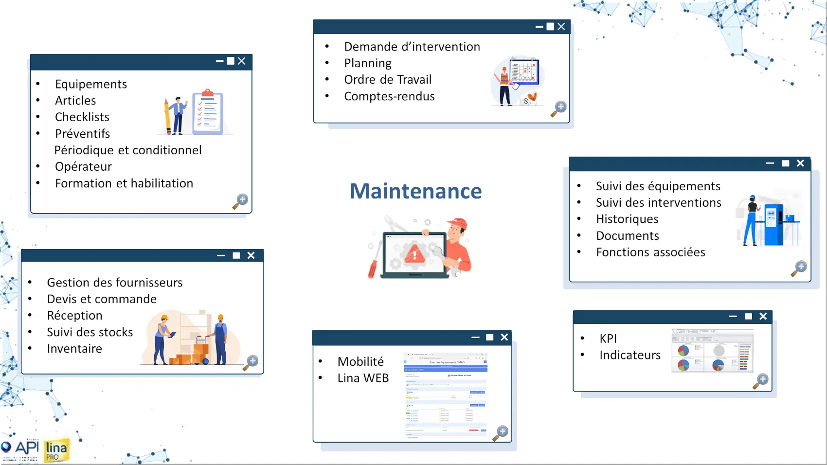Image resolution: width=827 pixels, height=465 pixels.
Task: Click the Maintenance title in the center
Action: pyautogui.click(x=415, y=191)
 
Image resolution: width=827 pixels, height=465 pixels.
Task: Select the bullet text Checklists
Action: pyautogui.click(x=82, y=117)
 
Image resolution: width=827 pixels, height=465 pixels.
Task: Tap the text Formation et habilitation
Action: pyautogui.click(x=124, y=183)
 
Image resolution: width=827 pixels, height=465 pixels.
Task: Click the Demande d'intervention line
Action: pyautogui.click(x=412, y=47)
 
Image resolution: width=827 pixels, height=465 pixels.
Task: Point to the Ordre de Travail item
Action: pyautogui.click(x=388, y=80)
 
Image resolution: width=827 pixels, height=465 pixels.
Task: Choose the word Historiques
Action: pyautogui.click(x=627, y=219)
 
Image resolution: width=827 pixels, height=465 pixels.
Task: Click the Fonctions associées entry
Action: pyautogui.click(x=650, y=252)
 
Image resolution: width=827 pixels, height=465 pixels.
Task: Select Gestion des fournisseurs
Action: pyautogui.click(x=115, y=283)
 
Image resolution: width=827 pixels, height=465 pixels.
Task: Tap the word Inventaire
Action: pyautogui.click(x=74, y=349)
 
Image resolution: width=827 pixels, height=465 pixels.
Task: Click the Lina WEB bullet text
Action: pyautogui.click(x=363, y=378)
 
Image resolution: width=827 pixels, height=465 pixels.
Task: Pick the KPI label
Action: pyautogui.click(x=608, y=339)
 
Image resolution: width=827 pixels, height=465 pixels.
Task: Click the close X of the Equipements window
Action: pyautogui.click(x=242, y=61)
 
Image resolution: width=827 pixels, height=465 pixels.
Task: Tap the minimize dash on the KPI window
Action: pyautogui.click(x=733, y=317)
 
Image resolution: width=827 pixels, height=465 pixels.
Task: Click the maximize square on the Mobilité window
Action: pyautogui.click(x=489, y=338)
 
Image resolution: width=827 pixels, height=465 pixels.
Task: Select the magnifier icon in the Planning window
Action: pyautogui.click(x=558, y=109)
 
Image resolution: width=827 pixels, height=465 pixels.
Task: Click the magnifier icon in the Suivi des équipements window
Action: pyautogui.click(x=799, y=268)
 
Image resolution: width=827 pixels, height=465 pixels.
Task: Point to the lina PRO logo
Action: pyautogui.click(x=56, y=450)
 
